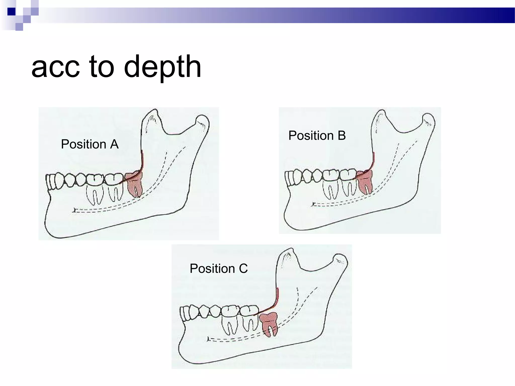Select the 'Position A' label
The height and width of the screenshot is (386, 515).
pos(90,144)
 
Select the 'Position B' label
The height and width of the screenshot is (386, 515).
pos(317,135)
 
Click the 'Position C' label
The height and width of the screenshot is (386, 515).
pos(219,268)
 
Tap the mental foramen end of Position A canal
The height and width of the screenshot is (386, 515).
pos(74,210)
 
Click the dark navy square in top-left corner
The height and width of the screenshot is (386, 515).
pos(11,12)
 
